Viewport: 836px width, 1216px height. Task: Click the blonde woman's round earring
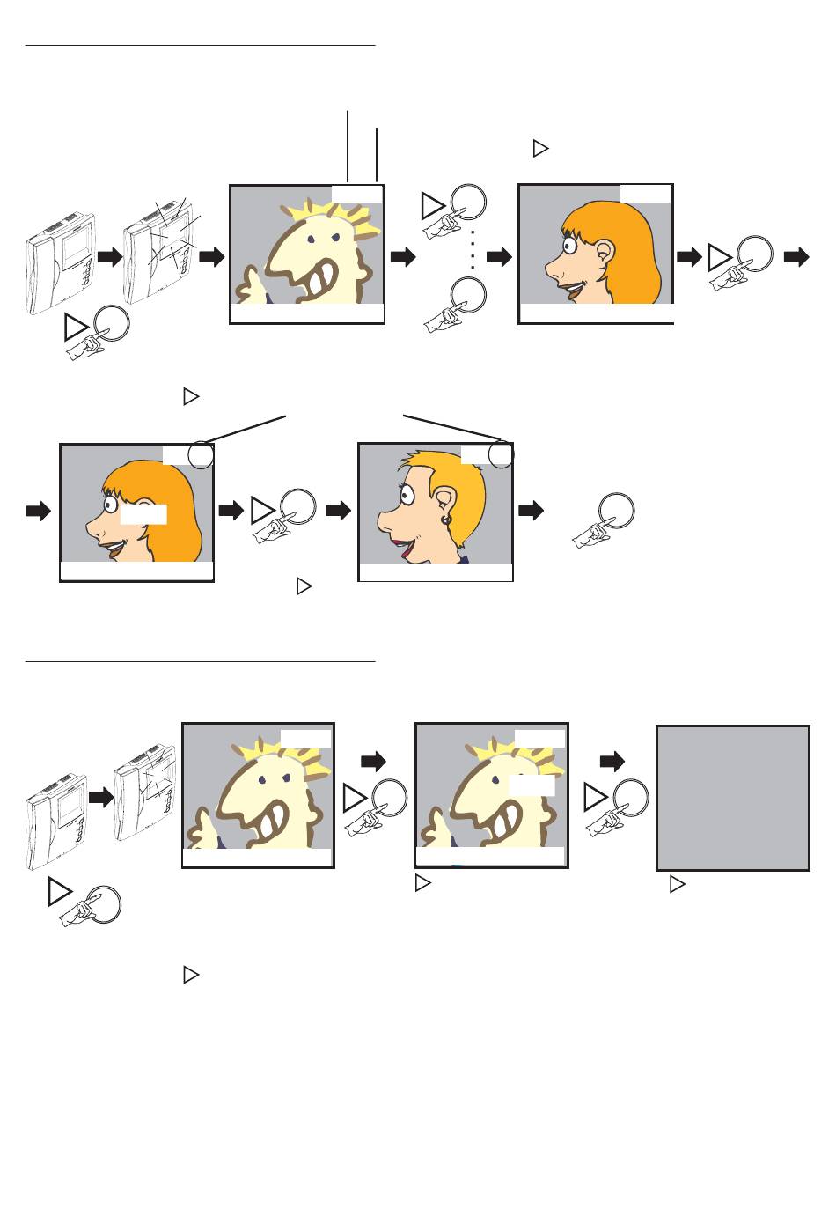click(x=446, y=520)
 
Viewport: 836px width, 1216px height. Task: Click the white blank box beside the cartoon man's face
click(x=532, y=785)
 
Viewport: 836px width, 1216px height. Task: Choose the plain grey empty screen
click(x=733, y=798)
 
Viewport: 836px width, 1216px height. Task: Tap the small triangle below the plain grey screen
click(x=677, y=884)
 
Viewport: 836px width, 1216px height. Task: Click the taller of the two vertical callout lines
click(x=348, y=146)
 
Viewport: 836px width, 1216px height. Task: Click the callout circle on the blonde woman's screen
click(x=501, y=454)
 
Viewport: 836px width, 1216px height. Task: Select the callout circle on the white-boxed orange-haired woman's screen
click(x=201, y=455)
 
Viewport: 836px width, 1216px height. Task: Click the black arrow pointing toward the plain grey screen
click(x=612, y=761)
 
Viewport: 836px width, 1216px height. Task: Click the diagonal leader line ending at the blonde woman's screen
click(x=451, y=426)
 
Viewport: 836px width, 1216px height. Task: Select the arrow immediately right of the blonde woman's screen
click(x=532, y=511)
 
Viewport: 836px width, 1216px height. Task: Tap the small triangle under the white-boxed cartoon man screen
click(x=422, y=881)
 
